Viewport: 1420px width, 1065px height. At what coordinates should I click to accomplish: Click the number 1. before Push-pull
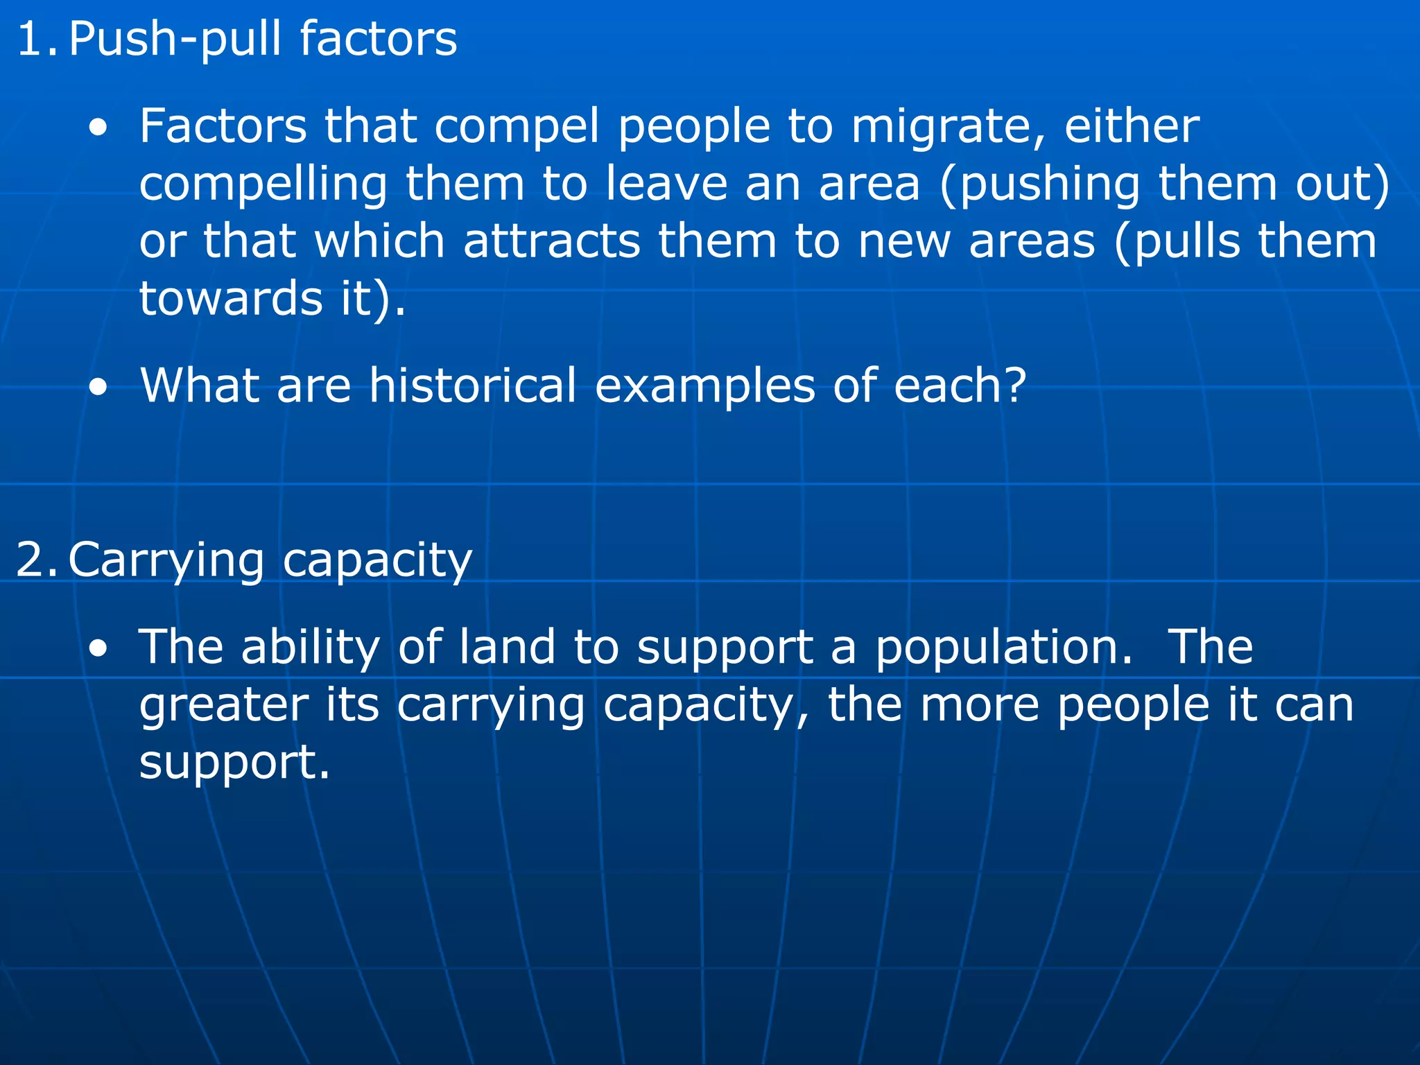[37, 39]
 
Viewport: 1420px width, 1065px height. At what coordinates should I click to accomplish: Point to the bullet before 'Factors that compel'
[98, 128]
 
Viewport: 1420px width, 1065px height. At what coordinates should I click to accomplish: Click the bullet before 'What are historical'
[98, 388]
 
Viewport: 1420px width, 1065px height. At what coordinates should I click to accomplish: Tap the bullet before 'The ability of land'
[98, 649]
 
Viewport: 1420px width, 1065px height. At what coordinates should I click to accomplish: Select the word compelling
[263, 186]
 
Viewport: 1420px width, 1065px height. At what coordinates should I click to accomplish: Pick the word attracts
[552, 242]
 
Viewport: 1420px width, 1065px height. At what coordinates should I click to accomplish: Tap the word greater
[224, 706]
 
